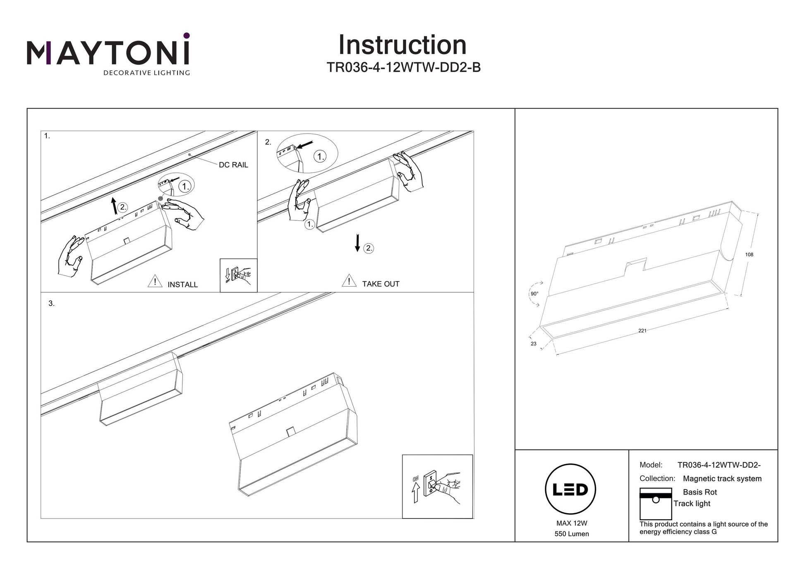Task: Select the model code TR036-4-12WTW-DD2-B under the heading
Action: [404, 67]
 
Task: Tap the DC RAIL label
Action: [233, 165]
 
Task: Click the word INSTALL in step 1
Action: [182, 284]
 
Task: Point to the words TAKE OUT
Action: [381, 284]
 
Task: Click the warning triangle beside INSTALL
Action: [155, 282]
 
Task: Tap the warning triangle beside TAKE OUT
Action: [349, 281]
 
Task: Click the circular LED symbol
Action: [570, 489]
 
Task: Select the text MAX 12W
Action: [572, 523]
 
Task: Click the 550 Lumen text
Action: [572, 534]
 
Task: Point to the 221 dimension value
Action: [642, 331]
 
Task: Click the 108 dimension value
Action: [749, 255]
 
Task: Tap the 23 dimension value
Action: [534, 344]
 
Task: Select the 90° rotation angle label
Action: [534, 294]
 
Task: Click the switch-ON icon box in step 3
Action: [437, 486]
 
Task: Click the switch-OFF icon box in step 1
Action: [238, 275]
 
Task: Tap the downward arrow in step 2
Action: [357, 243]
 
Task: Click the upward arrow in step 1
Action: [115, 206]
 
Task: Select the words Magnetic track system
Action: [722, 478]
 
